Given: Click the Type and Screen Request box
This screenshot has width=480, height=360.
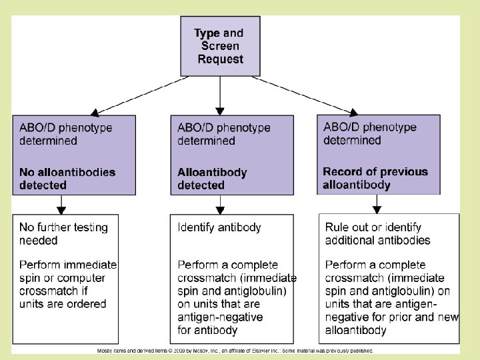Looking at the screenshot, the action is point(220,46).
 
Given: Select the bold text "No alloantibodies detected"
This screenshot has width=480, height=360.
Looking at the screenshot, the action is point(67,179).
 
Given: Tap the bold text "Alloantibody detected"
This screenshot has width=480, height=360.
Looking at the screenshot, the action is point(212,179).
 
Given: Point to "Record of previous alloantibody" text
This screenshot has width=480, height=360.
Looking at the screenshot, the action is point(375,178).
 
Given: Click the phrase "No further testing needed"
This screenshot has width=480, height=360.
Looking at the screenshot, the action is point(63,233).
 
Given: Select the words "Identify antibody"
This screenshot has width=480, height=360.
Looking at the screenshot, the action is point(219,227).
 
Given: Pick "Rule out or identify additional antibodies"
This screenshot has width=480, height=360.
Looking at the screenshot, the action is point(377,233).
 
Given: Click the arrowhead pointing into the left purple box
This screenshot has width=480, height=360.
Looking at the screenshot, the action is point(95,113).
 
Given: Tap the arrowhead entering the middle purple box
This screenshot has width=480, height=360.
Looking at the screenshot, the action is point(220,111).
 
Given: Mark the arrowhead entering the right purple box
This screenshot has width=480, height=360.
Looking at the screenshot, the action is point(353,113).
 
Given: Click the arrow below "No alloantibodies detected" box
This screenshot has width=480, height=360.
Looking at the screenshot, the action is point(61,205).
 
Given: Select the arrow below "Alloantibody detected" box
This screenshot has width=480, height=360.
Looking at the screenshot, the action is point(220,205).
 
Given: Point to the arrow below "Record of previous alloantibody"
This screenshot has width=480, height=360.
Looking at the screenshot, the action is point(377,204).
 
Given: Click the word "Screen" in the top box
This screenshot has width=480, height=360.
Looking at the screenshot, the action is point(220,46).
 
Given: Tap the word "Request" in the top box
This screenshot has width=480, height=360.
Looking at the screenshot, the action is point(221,59).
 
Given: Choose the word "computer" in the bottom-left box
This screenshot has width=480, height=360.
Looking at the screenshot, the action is point(81,278).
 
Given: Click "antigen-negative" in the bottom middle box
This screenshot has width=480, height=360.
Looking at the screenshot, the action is point(220,317).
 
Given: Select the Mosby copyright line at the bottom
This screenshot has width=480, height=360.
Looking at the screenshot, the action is point(235,351).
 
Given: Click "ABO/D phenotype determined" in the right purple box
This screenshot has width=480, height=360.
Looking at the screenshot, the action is point(370,133).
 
